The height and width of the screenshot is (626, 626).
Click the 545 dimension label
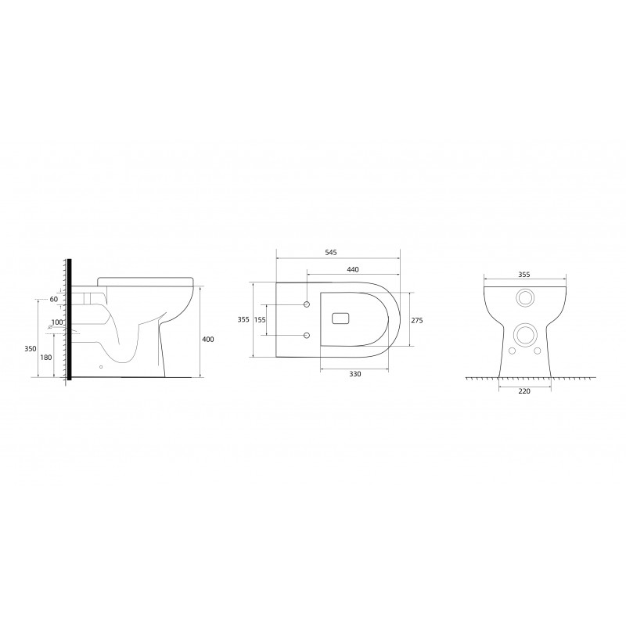tap(331, 252)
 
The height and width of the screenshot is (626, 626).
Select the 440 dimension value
tap(353, 269)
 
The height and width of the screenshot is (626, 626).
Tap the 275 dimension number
tap(417, 320)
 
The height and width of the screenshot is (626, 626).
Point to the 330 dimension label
tap(355, 374)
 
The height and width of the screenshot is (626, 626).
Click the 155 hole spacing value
tap(260, 320)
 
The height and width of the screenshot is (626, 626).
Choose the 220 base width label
tap(524, 391)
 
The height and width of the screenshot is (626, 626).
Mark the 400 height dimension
tap(208, 340)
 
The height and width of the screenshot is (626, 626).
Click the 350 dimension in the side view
tap(31, 348)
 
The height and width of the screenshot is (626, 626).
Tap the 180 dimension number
tap(46, 358)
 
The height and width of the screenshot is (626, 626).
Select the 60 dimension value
tap(53, 299)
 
